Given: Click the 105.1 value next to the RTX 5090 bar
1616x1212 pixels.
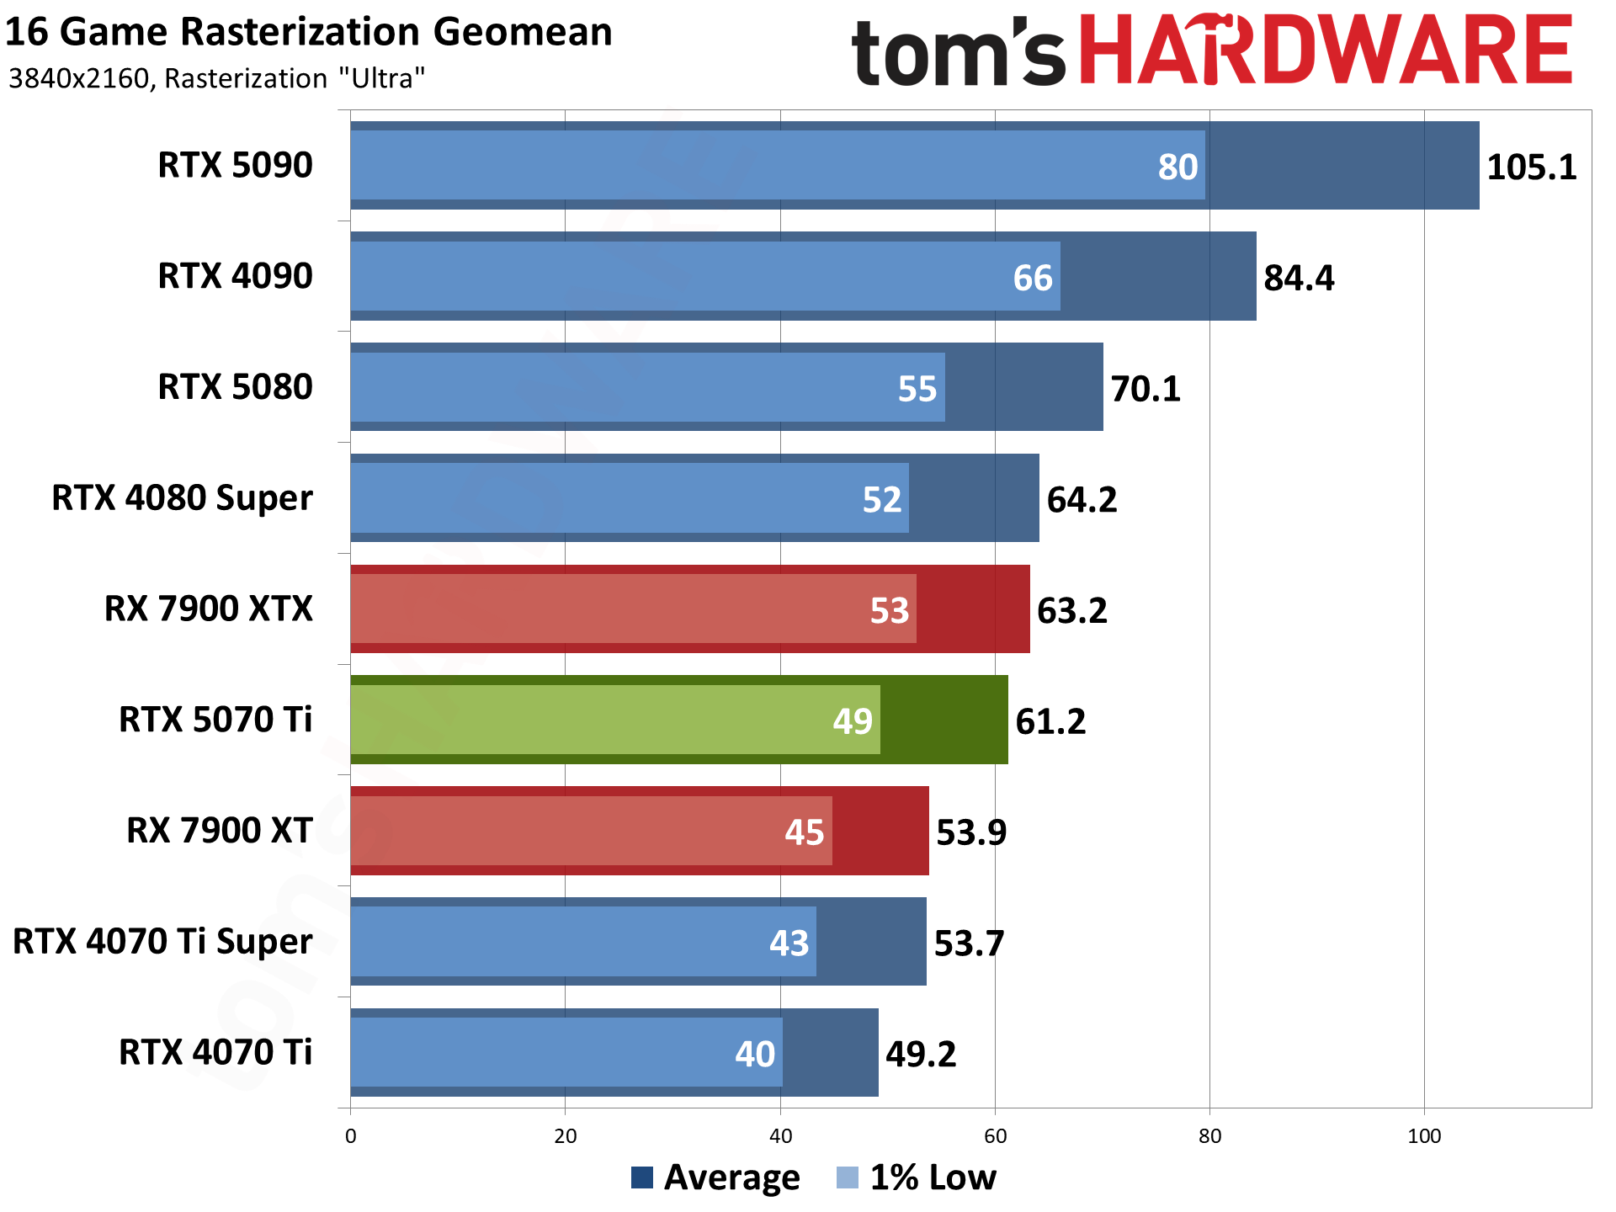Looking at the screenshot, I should coord(1531,167).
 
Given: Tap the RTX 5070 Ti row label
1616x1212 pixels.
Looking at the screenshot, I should coord(215,720).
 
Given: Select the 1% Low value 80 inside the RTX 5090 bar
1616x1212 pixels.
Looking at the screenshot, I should coord(1177,167).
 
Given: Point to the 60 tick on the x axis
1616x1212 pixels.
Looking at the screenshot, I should coord(995,1136).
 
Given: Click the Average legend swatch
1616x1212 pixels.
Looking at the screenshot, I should coord(642,1177).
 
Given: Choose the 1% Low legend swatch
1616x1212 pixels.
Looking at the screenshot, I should coord(848,1177).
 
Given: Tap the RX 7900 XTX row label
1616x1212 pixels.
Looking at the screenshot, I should coord(209,609).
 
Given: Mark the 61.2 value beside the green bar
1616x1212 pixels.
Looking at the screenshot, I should coord(1050,721).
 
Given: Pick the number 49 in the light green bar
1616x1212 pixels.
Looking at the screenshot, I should coord(853,721).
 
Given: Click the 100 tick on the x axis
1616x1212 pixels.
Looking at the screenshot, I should coord(1424,1136).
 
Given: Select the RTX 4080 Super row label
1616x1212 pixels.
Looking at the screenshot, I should coord(182,497).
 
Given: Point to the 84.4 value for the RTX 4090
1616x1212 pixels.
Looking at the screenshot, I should coord(1299,278).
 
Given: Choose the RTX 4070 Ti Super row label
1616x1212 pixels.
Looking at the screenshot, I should coord(162,941).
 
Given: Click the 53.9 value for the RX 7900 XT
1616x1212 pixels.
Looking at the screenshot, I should coord(971,832).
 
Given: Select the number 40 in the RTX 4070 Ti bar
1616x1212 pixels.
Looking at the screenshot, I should coord(755,1054).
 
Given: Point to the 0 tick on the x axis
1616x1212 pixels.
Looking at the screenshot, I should coord(351,1136).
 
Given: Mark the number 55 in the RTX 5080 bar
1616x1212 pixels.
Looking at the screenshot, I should coord(917,389).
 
